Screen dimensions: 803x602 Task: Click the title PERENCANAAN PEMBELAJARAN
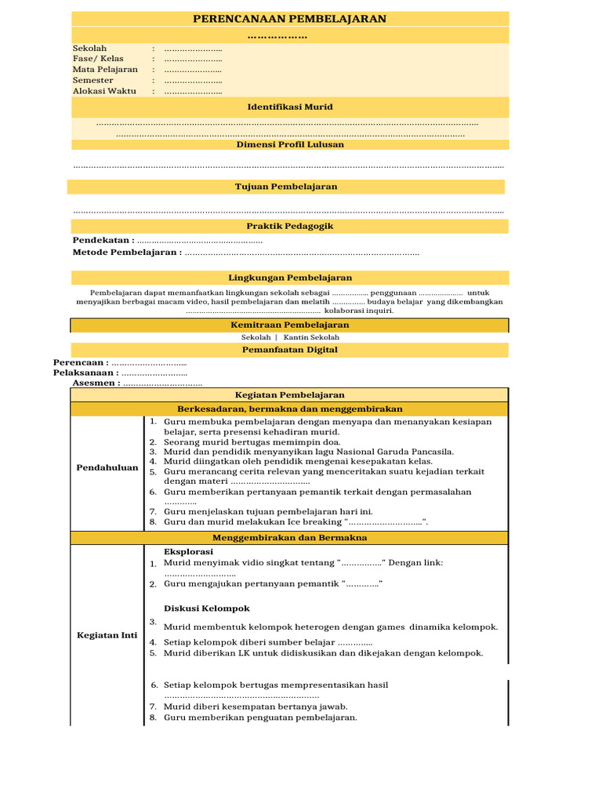coord(290,19)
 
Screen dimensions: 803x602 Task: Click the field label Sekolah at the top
coord(89,49)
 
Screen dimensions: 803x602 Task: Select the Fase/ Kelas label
coord(98,59)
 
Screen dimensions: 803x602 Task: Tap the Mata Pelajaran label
coord(105,70)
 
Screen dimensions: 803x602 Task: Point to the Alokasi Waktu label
coord(104,91)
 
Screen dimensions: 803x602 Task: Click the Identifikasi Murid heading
coord(290,107)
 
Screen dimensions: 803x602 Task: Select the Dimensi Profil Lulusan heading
coord(290,144)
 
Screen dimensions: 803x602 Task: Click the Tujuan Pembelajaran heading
coord(286,187)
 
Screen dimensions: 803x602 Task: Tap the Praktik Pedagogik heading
coord(290,226)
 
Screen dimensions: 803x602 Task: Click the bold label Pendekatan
coord(103,240)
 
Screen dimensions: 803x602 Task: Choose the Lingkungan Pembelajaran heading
coord(290,278)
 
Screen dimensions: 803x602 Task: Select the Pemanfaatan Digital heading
coord(290,350)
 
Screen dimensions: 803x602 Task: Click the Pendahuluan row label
coord(107,468)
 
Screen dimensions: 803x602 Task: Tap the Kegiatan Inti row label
coord(107,635)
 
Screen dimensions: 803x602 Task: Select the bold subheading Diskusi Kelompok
coord(206,609)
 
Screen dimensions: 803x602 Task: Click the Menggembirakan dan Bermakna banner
coord(290,538)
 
